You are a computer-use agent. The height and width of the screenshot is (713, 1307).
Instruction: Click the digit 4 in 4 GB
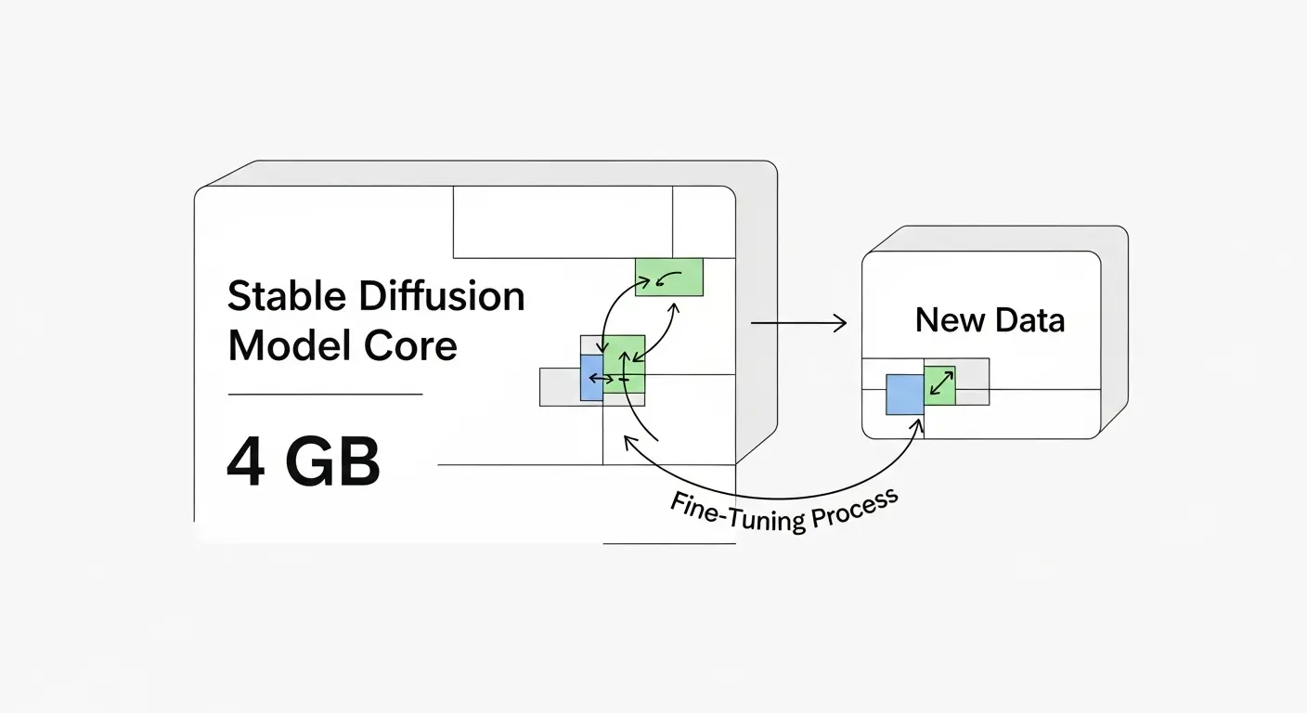tap(246, 462)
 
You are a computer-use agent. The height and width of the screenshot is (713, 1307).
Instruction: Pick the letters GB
tap(332, 462)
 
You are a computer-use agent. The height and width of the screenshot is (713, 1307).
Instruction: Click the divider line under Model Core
tap(325, 395)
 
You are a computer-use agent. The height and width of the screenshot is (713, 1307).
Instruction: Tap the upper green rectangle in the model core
tap(668, 277)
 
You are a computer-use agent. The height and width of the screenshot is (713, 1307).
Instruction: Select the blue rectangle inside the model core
tap(590, 377)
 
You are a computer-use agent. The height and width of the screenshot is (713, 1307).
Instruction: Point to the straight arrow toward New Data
tap(798, 323)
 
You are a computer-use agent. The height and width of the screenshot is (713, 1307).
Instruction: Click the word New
tap(948, 320)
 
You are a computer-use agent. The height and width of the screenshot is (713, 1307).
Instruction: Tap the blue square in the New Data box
tap(904, 395)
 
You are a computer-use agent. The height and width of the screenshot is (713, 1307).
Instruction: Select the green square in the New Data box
tap(939, 383)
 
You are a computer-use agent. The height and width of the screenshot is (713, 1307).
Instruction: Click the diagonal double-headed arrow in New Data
tap(940, 382)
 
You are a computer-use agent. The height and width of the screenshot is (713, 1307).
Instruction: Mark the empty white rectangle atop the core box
tap(562, 222)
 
